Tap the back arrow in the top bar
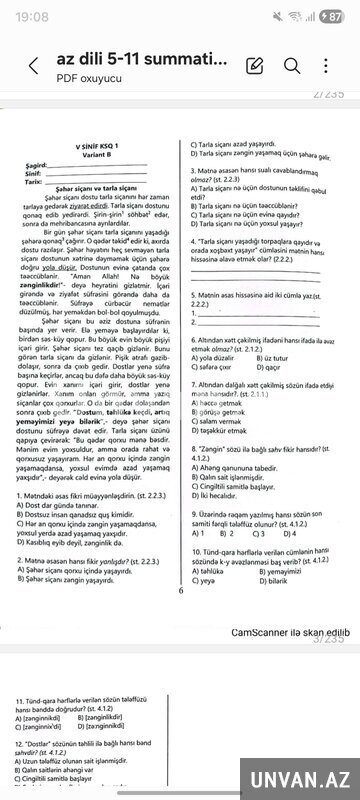click(33, 67)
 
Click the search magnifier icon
click(293, 66)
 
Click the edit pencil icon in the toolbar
click(254, 66)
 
